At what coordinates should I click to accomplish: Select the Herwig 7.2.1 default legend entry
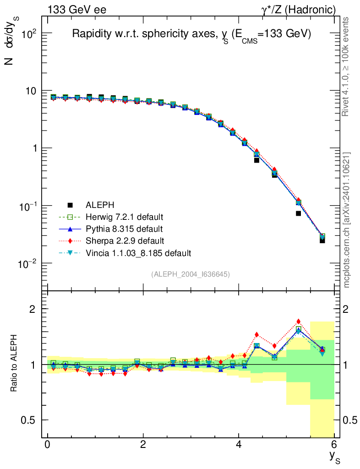124,216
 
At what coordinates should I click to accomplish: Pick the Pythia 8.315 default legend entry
124,229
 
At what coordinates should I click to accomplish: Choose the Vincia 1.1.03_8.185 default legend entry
138,253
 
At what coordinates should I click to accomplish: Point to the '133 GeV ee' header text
76,10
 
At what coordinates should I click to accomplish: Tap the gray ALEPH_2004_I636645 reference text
191,274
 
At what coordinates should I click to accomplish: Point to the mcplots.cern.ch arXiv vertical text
347,220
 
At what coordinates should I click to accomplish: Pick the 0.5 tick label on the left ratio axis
28,420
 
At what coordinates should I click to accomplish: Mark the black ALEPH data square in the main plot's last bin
322,240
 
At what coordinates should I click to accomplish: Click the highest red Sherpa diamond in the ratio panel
298,322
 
